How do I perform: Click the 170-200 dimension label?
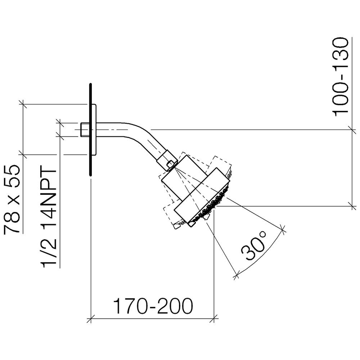(153, 306)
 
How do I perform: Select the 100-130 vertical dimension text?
(341, 77)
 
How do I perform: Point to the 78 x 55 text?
(12, 199)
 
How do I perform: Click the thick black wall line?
(91, 130)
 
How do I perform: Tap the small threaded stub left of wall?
(85, 130)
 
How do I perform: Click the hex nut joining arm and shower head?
(167, 161)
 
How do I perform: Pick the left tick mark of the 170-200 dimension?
(91, 319)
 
